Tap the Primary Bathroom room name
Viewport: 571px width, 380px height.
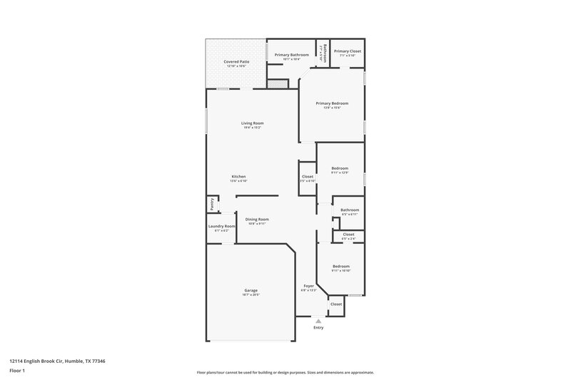coord(291,55)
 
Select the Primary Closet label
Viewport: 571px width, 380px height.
coord(348,51)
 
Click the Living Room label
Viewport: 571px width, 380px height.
coord(253,123)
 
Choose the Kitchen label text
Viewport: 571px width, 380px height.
coord(238,177)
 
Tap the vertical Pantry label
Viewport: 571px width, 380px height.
coord(212,205)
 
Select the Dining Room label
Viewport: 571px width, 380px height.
coord(257,219)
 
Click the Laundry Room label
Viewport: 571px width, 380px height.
coord(221,227)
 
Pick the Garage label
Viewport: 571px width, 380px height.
coord(251,290)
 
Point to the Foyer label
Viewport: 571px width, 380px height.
coord(308,286)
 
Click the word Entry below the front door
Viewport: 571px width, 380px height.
coord(318,327)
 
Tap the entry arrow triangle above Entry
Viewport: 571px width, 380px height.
coord(318,320)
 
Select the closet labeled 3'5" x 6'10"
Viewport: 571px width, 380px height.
coord(308,180)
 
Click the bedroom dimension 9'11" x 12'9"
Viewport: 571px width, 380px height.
coord(340,173)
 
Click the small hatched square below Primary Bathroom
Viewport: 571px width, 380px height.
coord(277,84)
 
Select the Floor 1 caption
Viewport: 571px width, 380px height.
coord(17,371)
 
